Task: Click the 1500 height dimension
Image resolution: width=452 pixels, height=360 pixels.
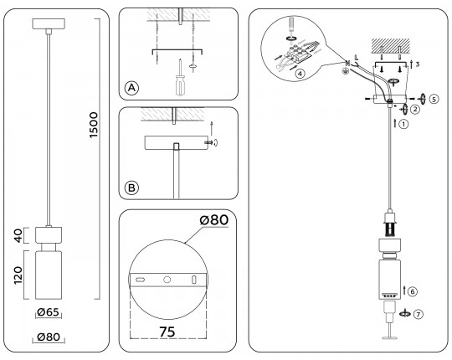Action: (94, 125)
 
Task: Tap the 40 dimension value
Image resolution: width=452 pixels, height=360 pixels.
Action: (18, 235)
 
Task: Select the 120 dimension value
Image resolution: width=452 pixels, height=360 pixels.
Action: (18, 275)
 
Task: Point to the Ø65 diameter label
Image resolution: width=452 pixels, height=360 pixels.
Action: (49, 312)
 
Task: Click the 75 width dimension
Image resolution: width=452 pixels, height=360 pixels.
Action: (167, 332)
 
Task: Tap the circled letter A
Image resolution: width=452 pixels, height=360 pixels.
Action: (131, 88)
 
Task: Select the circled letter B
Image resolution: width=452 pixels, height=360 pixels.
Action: (131, 188)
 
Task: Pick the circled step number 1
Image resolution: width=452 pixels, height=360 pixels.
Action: (403, 124)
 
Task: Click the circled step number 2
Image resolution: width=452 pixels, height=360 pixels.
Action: (415, 109)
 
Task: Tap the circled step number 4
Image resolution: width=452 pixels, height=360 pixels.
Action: (300, 74)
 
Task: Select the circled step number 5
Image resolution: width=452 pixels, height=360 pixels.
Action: (434, 99)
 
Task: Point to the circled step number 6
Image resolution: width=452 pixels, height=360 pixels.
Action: (413, 291)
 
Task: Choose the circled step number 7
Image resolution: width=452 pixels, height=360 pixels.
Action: (419, 314)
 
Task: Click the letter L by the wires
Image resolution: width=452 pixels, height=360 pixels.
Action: (357, 58)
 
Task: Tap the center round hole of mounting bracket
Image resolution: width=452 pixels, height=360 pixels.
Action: (167, 280)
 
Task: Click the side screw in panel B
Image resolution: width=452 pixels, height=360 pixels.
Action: (209, 142)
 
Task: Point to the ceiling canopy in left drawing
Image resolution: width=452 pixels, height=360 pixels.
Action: (49, 23)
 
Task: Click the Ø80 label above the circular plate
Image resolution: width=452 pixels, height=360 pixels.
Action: (214, 219)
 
